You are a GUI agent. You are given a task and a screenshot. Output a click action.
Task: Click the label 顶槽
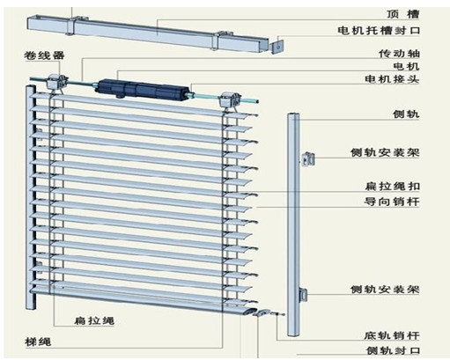[x=403, y=14]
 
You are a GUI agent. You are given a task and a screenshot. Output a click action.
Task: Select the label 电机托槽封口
[x=379, y=31]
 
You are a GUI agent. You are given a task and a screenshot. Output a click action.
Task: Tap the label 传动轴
[x=399, y=54]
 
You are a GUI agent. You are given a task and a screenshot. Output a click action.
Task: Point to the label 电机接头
[x=392, y=79]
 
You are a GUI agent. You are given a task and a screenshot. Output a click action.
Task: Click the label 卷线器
[x=44, y=55]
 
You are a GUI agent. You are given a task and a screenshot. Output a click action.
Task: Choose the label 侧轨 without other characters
[x=406, y=114]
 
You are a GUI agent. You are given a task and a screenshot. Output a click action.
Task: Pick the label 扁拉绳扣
[x=393, y=187]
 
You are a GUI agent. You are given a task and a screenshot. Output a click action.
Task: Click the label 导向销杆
[x=392, y=202]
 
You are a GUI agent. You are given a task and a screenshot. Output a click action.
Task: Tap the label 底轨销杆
[x=392, y=335]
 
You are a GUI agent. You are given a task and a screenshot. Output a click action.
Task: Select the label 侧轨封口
[x=393, y=350]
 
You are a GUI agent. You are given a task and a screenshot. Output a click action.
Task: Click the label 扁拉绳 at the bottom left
[x=94, y=320]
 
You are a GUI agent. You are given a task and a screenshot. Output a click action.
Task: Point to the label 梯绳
[x=38, y=342]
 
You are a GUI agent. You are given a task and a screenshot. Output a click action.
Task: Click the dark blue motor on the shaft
[x=142, y=89]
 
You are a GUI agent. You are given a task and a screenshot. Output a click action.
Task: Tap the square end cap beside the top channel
[x=277, y=46]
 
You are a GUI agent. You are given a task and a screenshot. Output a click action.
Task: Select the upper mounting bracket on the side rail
[x=308, y=159]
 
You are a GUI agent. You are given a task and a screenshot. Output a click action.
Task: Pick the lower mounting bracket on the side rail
[x=303, y=295]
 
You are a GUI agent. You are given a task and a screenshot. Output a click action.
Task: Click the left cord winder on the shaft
[x=56, y=83]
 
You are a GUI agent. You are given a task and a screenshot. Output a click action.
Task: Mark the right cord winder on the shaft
[x=230, y=100]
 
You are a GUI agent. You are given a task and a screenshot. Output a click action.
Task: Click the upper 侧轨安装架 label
[x=385, y=152]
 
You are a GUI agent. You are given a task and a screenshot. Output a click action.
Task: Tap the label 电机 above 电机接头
[x=406, y=66]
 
